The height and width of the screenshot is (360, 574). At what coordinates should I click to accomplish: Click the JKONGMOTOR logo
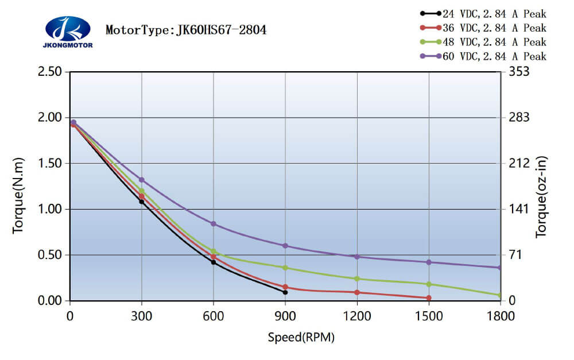pos(68,32)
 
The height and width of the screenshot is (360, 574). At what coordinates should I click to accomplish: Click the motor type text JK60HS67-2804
pos(186,30)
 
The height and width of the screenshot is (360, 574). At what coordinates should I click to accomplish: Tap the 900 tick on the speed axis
pos(285,315)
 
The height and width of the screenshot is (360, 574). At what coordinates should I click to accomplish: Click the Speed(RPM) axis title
pos(301,337)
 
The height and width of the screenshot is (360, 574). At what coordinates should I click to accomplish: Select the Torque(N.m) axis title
pos(18,195)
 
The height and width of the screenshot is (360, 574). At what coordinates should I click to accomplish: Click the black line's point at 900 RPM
pos(285,292)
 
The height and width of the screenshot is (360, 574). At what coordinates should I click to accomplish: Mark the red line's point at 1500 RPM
pos(429,298)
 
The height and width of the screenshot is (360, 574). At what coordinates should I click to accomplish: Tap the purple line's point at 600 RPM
pos(214,224)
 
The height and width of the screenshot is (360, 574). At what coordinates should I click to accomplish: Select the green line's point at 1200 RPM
pos(357,279)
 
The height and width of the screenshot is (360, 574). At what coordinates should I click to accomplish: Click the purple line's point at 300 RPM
pos(142,180)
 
